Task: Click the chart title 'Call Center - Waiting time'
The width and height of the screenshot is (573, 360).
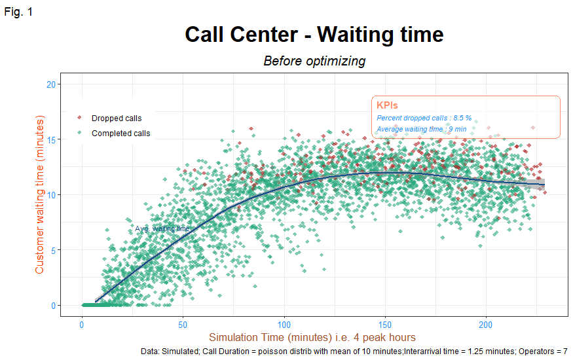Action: (314, 34)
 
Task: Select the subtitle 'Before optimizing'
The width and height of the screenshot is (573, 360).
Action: (314, 61)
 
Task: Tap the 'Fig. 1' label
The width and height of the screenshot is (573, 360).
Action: (18, 11)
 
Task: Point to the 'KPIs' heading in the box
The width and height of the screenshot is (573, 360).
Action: (387, 105)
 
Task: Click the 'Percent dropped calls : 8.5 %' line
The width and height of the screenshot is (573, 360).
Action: (424, 118)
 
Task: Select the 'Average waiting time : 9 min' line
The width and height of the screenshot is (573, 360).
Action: (421, 129)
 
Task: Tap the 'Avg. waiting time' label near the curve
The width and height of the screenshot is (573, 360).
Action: (162, 228)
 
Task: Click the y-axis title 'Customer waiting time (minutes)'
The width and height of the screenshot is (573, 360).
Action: (40, 195)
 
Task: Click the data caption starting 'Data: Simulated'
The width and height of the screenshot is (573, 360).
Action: (354, 351)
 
